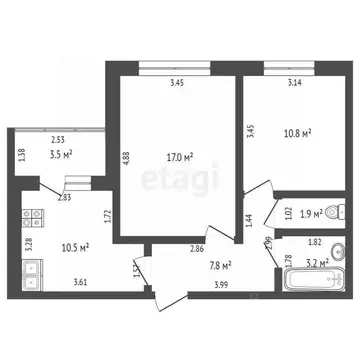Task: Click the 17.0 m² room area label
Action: point(181,156)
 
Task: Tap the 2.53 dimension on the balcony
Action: point(59,141)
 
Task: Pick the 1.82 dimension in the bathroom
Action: point(314,243)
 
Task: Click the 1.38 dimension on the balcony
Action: point(19,154)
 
